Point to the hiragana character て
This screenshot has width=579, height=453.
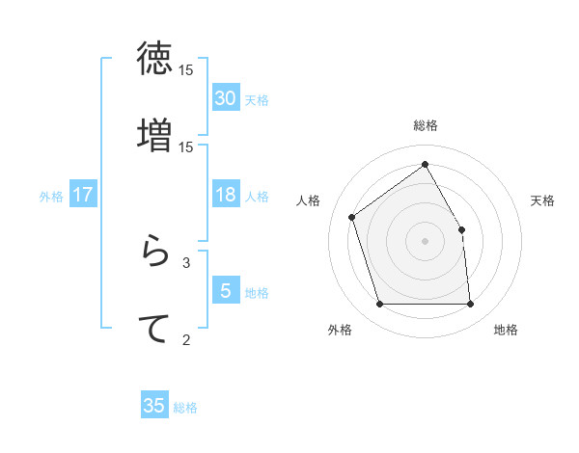tap(154, 328)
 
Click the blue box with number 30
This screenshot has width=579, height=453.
tap(226, 98)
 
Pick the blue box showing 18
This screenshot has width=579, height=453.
tap(226, 195)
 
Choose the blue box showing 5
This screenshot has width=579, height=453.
tap(226, 291)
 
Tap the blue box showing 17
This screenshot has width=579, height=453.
tap(83, 195)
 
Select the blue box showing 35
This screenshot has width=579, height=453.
tap(154, 406)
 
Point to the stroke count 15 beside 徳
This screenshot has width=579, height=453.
tap(186, 70)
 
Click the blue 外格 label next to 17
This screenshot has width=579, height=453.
tap(51, 197)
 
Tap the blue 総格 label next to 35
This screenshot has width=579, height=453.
tap(185, 408)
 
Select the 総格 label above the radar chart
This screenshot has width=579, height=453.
tap(426, 126)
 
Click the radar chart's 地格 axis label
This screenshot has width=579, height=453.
tap(506, 331)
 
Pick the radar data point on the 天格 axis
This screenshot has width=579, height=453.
tap(461, 229)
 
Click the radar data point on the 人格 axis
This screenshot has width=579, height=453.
tap(352, 217)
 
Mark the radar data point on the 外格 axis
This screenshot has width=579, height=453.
tap(379, 305)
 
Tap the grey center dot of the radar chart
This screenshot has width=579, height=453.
tap(425, 241)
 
